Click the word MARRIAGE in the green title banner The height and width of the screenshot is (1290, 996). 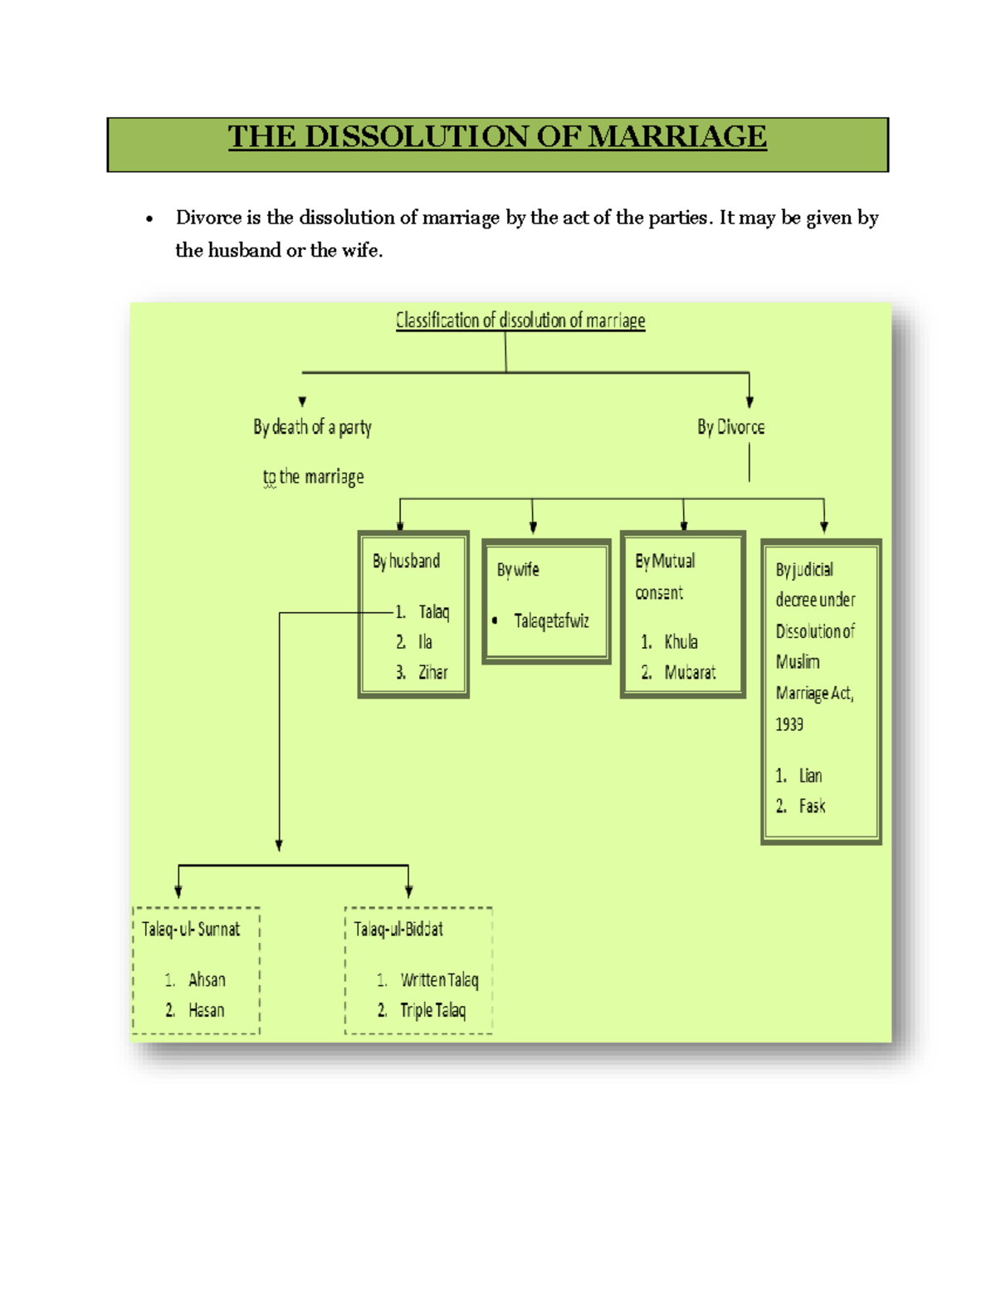pyautogui.click(x=677, y=137)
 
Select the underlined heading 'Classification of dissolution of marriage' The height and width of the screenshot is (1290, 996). pyautogui.click(x=520, y=321)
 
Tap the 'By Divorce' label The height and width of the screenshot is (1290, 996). pyautogui.click(x=730, y=427)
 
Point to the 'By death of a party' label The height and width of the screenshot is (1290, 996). pyautogui.click(x=312, y=427)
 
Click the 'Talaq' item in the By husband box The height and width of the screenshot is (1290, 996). pyautogui.click(x=433, y=612)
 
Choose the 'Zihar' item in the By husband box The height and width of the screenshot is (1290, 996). pyautogui.click(x=432, y=673)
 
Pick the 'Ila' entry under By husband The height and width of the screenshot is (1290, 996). pyautogui.click(x=425, y=642)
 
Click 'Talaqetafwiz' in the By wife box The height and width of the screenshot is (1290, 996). pyautogui.click(x=551, y=620)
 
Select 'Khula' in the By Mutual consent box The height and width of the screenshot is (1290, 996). pyautogui.click(x=681, y=642)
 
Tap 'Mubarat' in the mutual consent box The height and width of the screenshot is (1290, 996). pyautogui.click(x=690, y=673)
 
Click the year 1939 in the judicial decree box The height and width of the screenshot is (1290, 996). pyautogui.click(x=789, y=724)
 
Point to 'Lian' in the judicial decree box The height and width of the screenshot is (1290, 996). pyautogui.click(x=810, y=776)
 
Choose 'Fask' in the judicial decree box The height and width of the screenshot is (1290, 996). pyautogui.click(x=812, y=806)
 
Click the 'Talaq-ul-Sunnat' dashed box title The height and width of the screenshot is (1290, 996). pyautogui.click(x=191, y=929)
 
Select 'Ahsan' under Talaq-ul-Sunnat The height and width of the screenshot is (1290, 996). pyautogui.click(x=207, y=980)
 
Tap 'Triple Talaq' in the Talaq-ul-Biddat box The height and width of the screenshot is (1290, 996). pyautogui.click(x=432, y=1010)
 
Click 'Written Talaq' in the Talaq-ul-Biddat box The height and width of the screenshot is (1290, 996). pyautogui.click(x=439, y=980)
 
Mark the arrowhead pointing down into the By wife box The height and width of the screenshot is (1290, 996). pyautogui.click(x=533, y=527)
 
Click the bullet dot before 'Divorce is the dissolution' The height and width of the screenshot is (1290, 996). pyautogui.click(x=149, y=219)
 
